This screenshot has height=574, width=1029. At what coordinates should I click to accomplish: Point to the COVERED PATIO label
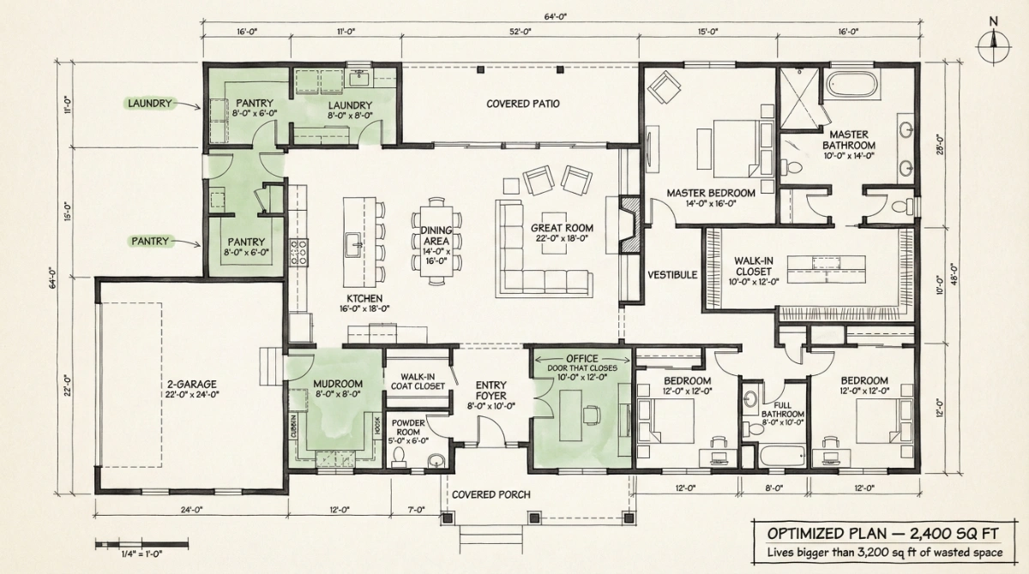[x=523, y=104]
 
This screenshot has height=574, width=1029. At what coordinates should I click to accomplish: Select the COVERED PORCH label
[x=490, y=494]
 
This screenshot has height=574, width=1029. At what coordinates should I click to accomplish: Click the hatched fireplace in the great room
[x=630, y=224]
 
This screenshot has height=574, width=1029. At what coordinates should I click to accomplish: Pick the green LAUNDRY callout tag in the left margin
[x=150, y=104]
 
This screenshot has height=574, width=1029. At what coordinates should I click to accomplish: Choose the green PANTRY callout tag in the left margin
[x=150, y=242]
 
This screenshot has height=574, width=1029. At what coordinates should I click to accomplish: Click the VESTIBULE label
[x=673, y=275]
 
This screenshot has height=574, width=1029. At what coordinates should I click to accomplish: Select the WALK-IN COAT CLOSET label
[x=418, y=381]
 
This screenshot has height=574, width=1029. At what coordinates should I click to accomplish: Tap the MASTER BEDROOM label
[x=711, y=194]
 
